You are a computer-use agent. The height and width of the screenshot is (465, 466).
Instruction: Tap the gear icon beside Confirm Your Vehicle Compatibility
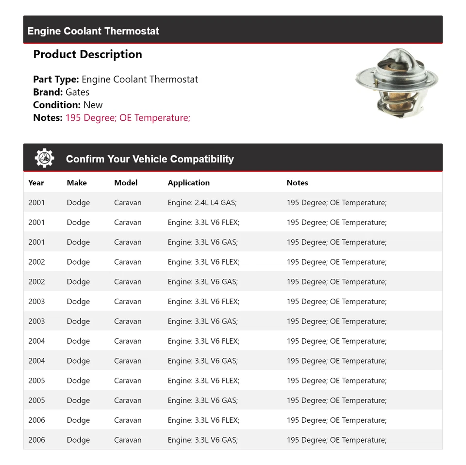pyautogui.click(x=44, y=159)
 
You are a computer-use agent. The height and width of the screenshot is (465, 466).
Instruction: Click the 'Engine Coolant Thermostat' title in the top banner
pyautogui.click(x=93, y=31)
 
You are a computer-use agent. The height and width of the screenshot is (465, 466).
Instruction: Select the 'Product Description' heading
pyautogui.click(x=87, y=54)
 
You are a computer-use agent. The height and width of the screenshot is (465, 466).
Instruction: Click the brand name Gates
pyautogui.click(x=77, y=92)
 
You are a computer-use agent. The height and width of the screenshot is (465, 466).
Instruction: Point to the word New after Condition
pyautogui.click(x=93, y=105)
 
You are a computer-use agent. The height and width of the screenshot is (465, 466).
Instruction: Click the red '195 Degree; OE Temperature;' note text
pyautogui.click(x=128, y=117)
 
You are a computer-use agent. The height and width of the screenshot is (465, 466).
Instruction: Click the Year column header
pyautogui.click(x=36, y=183)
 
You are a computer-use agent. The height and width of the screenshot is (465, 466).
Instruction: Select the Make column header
pyautogui.click(x=77, y=183)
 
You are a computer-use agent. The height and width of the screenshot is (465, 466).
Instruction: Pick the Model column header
pyautogui.click(x=126, y=183)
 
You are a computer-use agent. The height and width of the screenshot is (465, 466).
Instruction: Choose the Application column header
pyautogui.click(x=189, y=183)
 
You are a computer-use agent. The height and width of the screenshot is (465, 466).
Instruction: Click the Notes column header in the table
pyautogui.click(x=297, y=183)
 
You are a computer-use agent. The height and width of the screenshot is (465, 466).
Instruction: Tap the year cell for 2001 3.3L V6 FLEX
pyautogui.click(x=36, y=223)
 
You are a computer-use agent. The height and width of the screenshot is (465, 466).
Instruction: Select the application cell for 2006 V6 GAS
pyautogui.click(x=202, y=440)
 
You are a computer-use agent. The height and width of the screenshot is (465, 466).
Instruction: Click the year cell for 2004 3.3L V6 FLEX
pyautogui.click(x=36, y=341)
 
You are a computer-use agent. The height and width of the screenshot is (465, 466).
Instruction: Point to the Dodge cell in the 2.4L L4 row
pyautogui.click(x=78, y=203)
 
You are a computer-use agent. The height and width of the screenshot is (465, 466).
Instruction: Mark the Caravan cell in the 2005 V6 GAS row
pyautogui.click(x=128, y=401)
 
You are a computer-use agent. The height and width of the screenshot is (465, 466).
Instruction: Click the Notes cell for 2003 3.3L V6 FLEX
pyautogui.click(x=336, y=302)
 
